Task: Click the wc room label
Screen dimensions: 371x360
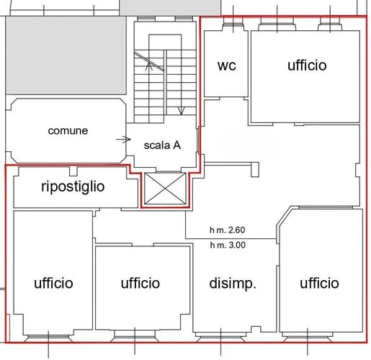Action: (x=227, y=66)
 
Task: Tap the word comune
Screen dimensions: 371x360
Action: (x=68, y=131)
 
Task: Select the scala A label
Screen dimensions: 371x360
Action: (x=162, y=145)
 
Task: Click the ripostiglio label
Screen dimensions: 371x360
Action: (x=73, y=186)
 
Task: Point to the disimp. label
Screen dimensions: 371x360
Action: (x=233, y=284)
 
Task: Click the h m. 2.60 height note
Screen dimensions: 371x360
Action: (x=228, y=230)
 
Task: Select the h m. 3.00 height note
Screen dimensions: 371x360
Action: (x=228, y=245)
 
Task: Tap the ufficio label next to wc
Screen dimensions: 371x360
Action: (x=307, y=66)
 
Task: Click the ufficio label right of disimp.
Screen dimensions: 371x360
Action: (x=319, y=283)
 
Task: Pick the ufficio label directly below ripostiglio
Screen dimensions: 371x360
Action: (x=53, y=283)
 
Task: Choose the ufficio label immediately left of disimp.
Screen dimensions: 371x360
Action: (x=140, y=283)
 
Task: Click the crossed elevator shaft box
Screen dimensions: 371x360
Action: (x=165, y=189)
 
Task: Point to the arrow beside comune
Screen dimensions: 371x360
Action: (x=123, y=139)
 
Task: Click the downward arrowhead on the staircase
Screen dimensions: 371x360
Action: (x=181, y=111)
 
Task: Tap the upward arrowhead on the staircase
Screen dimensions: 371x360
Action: (x=149, y=66)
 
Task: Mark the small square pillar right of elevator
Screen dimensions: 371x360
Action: (x=255, y=170)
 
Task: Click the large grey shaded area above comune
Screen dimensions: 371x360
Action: (x=66, y=55)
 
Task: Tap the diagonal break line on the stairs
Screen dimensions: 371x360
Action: (x=149, y=61)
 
